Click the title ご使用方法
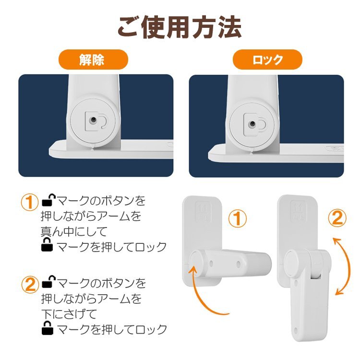click(x=180, y=27)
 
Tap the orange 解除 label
click(x=93, y=60)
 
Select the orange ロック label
click(x=267, y=60)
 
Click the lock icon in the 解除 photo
click(x=96, y=121)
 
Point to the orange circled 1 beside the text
click(x=29, y=203)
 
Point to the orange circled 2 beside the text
click(x=30, y=285)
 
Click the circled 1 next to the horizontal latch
click(x=238, y=219)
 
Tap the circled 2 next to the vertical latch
click(x=337, y=218)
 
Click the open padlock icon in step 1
click(x=48, y=200)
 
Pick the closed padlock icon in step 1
click(x=47, y=244)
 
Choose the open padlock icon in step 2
click(x=48, y=281)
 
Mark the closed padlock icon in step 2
click(x=48, y=328)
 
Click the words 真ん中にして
click(x=74, y=231)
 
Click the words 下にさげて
click(x=69, y=313)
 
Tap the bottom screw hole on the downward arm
click(x=296, y=331)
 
